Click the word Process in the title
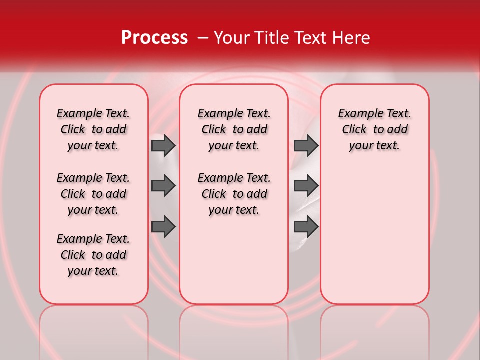(154, 38)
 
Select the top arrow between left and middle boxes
(163, 145)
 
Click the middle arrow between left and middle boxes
(163, 186)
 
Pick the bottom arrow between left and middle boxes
(163, 227)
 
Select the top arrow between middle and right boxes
(306, 145)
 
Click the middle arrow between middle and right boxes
(306, 186)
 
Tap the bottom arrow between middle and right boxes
(306, 227)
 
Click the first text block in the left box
(93, 129)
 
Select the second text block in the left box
(93, 194)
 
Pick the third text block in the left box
(93, 255)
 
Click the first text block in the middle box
(234, 129)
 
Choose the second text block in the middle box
(234, 194)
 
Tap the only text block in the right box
(374, 129)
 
